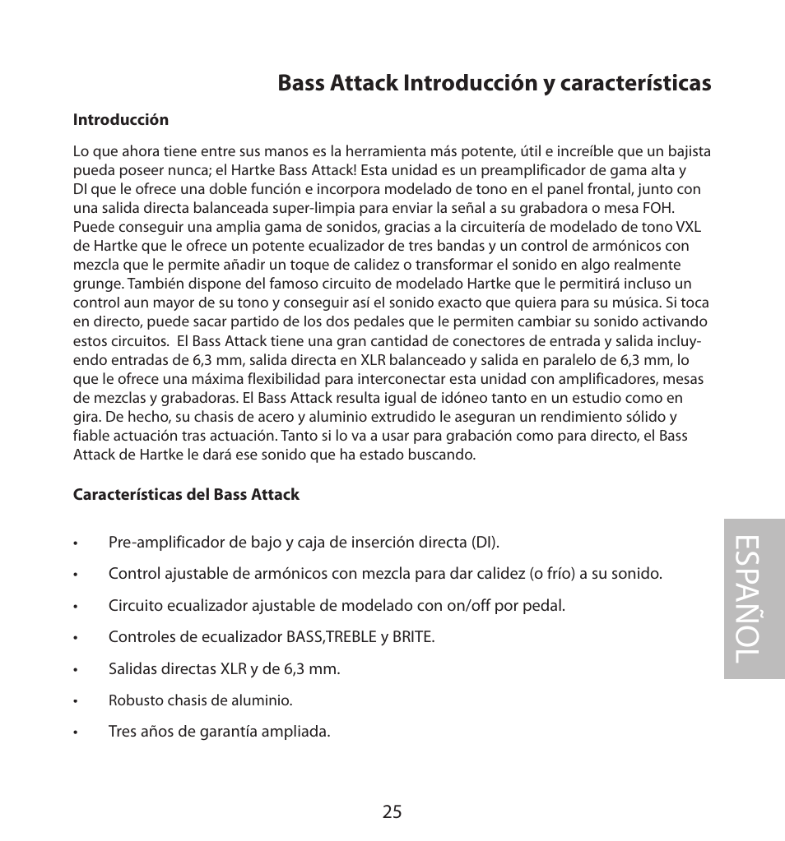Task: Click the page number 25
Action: (x=392, y=811)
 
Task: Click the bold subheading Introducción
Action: (x=121, y=120)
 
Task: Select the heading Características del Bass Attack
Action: (x=186, y=495)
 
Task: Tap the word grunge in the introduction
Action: (x=97, y=284)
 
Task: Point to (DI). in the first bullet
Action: (x=485, y=543)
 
